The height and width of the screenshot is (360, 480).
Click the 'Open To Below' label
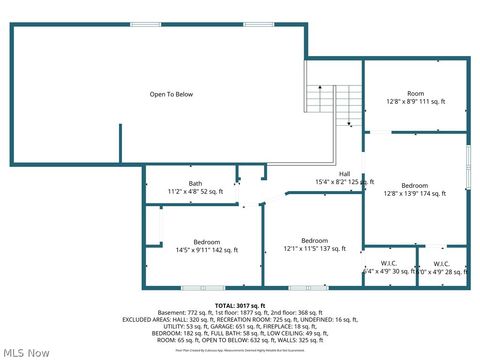click(x=171, y=95)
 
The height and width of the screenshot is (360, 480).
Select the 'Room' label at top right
click(x=414, y=93)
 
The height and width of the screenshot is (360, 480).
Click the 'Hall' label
click(x=344, y=174)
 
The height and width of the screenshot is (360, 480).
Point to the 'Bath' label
click(x=195, y=183)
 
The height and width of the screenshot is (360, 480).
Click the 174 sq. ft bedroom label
click(x=415, y=185)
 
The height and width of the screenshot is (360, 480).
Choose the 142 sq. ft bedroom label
click(x=207, y=242)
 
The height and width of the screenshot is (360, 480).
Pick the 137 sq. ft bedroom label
click(x=314, y=240)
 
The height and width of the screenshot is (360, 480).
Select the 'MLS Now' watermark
click(x=27, y=351)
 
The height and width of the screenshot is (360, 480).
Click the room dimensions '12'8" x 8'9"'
click(x=402, y=101)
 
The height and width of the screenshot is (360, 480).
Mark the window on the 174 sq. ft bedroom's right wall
click(x=467, y=165)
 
